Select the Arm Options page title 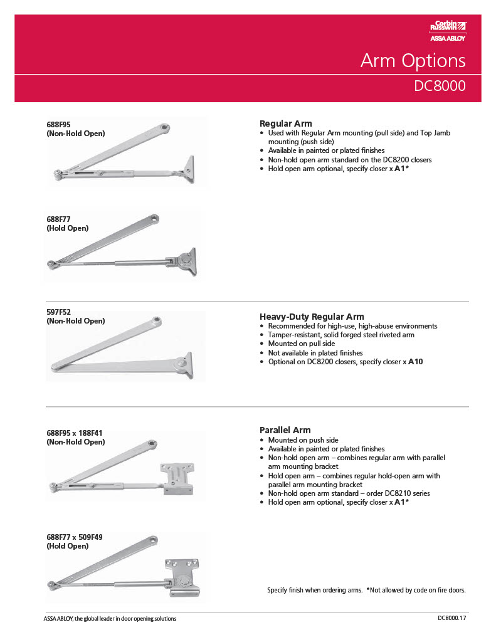413,61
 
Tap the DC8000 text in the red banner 440,85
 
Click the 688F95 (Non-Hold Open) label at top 75,129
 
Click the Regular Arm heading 285,124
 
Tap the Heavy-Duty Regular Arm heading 312,317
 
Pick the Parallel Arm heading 285,430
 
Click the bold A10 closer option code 415,362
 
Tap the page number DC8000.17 452,619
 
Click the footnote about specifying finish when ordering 366,590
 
